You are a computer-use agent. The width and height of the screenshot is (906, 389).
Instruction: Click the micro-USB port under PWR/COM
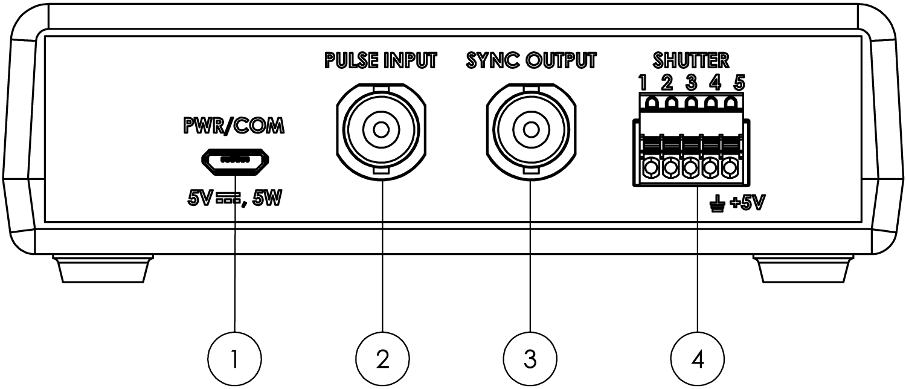click(236, 160)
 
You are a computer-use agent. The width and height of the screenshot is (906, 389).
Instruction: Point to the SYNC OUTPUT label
click(530, 61)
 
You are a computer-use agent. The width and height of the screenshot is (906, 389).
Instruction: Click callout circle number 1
click(236, 360)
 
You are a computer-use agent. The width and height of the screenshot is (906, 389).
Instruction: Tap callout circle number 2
click(381, 360)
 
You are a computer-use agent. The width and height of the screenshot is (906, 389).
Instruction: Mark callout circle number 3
click(530, 360)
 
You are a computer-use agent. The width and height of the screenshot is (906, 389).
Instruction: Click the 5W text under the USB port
click(267, 199)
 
